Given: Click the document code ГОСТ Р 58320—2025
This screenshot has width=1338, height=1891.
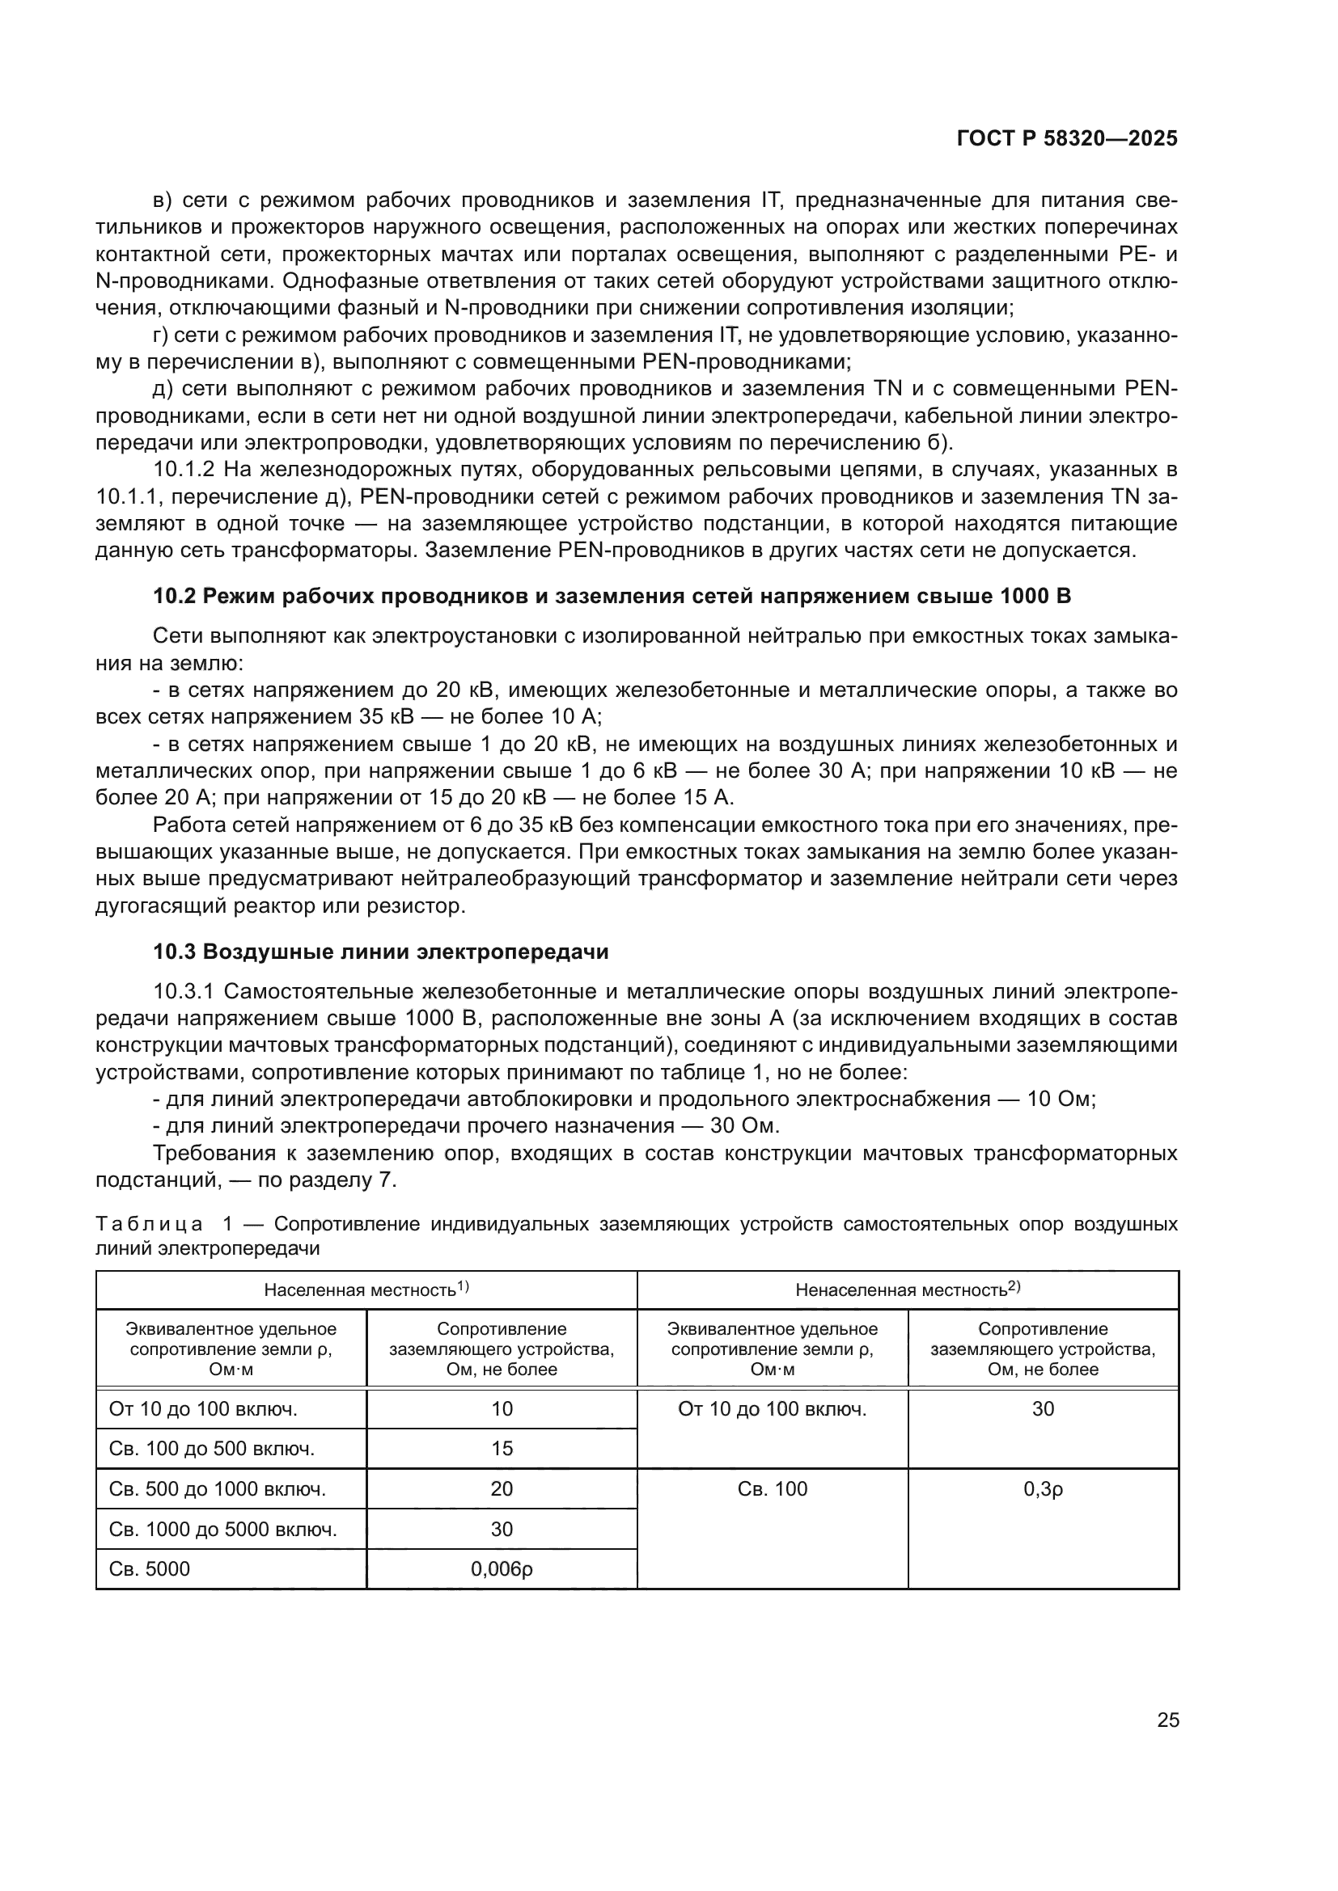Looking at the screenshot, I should (1067, 138).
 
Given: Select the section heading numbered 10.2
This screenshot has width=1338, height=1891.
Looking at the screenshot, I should (612, 596).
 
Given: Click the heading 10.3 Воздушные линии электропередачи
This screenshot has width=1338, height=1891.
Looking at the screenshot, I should (381, 952).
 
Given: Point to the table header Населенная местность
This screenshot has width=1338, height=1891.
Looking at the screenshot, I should (366, 1290).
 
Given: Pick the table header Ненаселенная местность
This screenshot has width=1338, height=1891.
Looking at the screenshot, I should (907, 1290).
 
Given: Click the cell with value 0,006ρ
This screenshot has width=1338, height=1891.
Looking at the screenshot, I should (502, 1569).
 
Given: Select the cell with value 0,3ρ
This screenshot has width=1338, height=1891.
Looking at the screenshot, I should (1042, 1489).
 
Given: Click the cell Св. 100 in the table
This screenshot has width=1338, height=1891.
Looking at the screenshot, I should (772, 1489).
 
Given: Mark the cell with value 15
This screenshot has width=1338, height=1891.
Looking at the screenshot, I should (502, 1449).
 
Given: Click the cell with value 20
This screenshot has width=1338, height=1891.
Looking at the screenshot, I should (502, 1489).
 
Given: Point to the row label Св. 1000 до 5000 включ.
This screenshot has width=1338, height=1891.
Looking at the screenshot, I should (222, 1530).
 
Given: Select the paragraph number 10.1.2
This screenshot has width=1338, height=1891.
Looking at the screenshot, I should (184, 471).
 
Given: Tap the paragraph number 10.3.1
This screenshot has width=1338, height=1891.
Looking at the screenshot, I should (184, 992).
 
